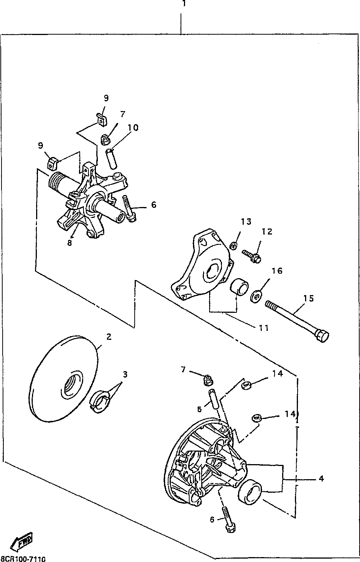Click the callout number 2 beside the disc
[x=109, y=337]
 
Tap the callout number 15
[x=308, y=299]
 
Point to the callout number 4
[x=321, y=479]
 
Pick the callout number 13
[x=246, y=222]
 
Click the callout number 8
[x=70, y=243]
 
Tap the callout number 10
[x=133, y=128]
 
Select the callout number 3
[x=125, y=375]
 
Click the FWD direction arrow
[x=22, y=542]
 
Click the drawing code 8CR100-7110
[x=23, y=559]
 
